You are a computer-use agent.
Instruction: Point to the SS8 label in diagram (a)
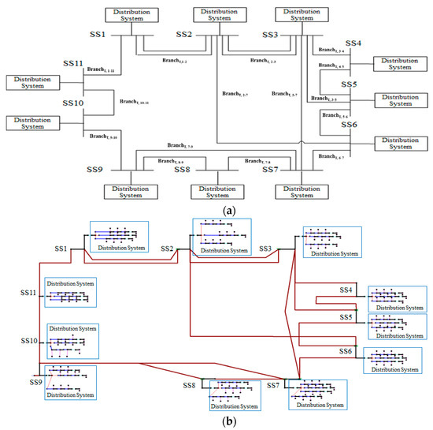(x=183, y=169)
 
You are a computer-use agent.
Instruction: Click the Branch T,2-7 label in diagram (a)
(x=235, y=94)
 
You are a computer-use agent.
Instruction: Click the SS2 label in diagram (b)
(x=166, y=249)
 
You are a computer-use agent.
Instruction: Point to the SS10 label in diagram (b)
(x=31, y=341)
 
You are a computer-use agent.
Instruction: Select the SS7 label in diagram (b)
(x=273, y=386)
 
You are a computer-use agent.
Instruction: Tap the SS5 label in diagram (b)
(x=344, y=316)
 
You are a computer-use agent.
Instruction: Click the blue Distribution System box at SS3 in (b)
(x=331, y=242)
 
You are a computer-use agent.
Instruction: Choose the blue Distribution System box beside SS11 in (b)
(x=70, y=293)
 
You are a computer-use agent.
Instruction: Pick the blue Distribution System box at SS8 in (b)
(x=235, y=395)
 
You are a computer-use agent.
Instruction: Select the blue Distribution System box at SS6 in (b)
(x=397, y=358)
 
